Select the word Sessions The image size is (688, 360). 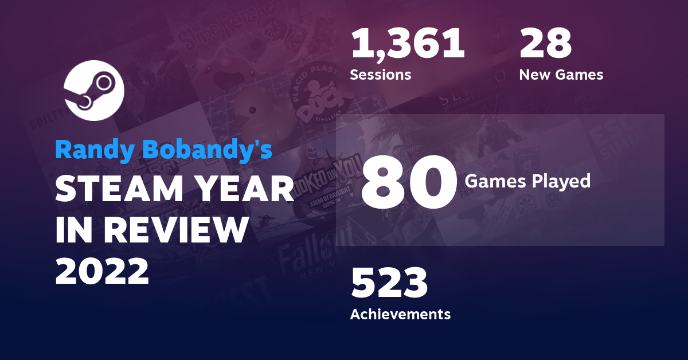[380, 75]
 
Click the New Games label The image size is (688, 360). [561, 75]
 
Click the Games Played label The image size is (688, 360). [527, 181]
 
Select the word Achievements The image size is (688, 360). [400, 314]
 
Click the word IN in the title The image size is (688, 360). [71, 231]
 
